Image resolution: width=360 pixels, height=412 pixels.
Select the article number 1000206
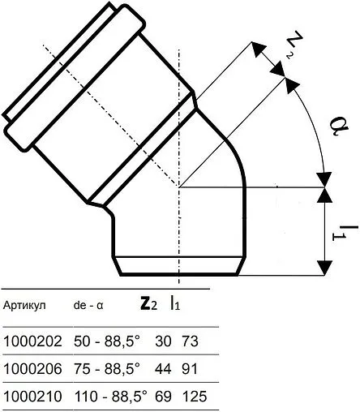coord(32,370)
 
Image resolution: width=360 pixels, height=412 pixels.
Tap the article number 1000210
coord(32,398)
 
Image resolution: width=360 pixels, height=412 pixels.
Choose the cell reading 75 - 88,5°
coord(102,370)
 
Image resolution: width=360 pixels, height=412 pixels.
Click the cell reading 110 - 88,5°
coord(105,398)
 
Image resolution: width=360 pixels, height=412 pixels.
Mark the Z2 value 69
coord(159,398)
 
